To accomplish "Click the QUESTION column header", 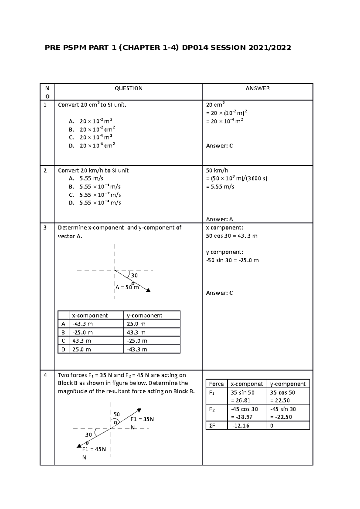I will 128,88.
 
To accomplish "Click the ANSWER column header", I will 257,88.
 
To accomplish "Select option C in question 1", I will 91,138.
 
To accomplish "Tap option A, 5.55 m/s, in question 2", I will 86,179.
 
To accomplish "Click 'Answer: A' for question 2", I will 219,219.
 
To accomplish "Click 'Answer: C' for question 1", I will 219,146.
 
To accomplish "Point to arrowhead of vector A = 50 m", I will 148,290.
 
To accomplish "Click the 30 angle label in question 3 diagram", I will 134,275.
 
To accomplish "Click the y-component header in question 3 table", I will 144,315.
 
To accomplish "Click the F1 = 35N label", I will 142,419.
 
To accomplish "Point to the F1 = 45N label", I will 94,449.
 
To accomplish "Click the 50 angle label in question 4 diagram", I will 116,414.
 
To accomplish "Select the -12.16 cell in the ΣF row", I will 240,426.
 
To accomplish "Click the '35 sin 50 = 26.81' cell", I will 242,396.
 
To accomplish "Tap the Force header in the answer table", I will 216,384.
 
